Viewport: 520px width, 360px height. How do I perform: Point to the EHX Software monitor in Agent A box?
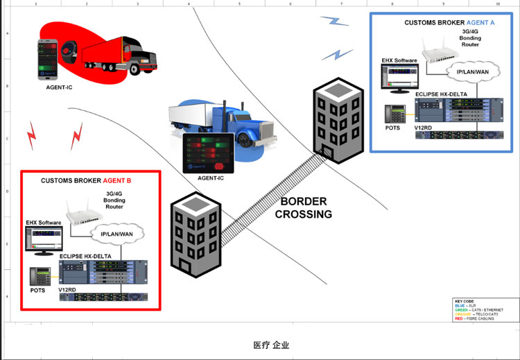pos(399,79)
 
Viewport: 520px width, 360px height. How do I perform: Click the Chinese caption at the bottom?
pos(270,345)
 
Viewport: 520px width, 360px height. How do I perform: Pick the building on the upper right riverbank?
pos(338,118)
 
